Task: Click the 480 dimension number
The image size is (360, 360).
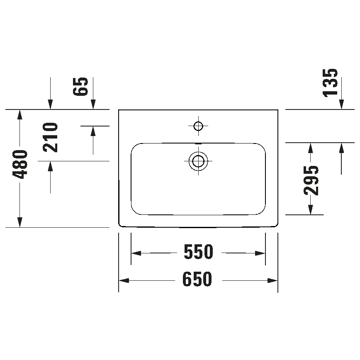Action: coord(19,165)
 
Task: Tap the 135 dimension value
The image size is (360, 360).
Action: coord(331,83)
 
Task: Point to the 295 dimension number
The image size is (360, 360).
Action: coord(311,180)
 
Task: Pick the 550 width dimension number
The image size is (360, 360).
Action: coord(198,252)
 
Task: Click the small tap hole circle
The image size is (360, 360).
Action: coord(198,125)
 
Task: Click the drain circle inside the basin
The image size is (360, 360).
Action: coord(198,161)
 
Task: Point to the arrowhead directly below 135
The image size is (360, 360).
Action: coord(341,105)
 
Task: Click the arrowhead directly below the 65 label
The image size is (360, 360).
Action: coord(93,105)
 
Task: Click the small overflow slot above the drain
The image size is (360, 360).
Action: coord(199,144)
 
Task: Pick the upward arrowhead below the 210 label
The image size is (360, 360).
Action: coord(51,166)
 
